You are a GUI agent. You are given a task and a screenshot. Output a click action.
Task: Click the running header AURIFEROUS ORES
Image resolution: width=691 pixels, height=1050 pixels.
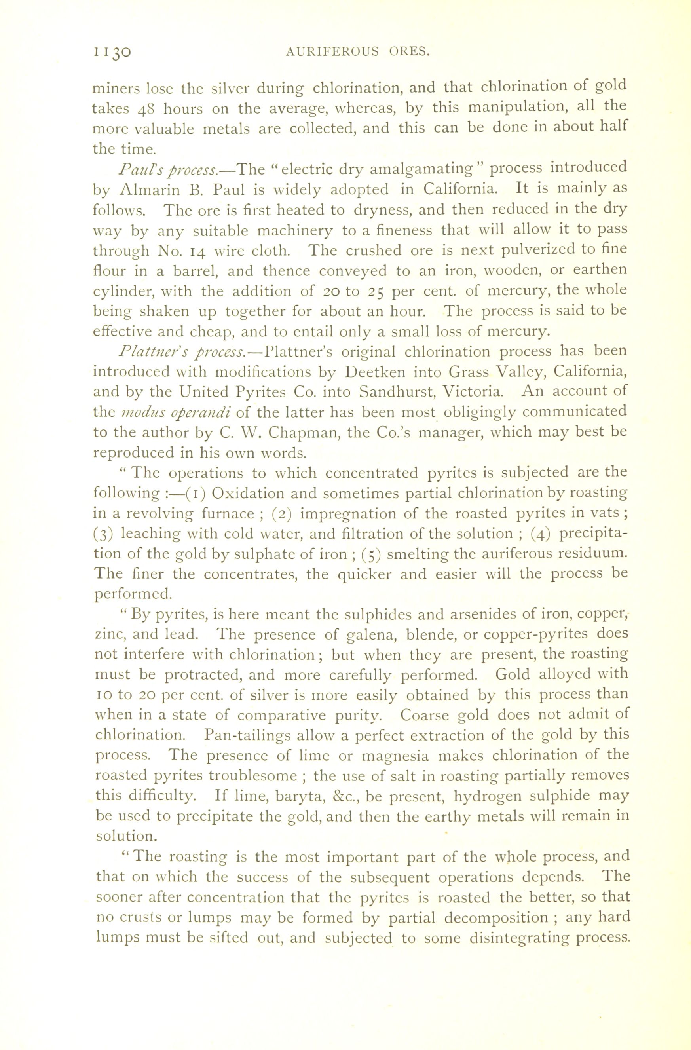coord(357,52)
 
